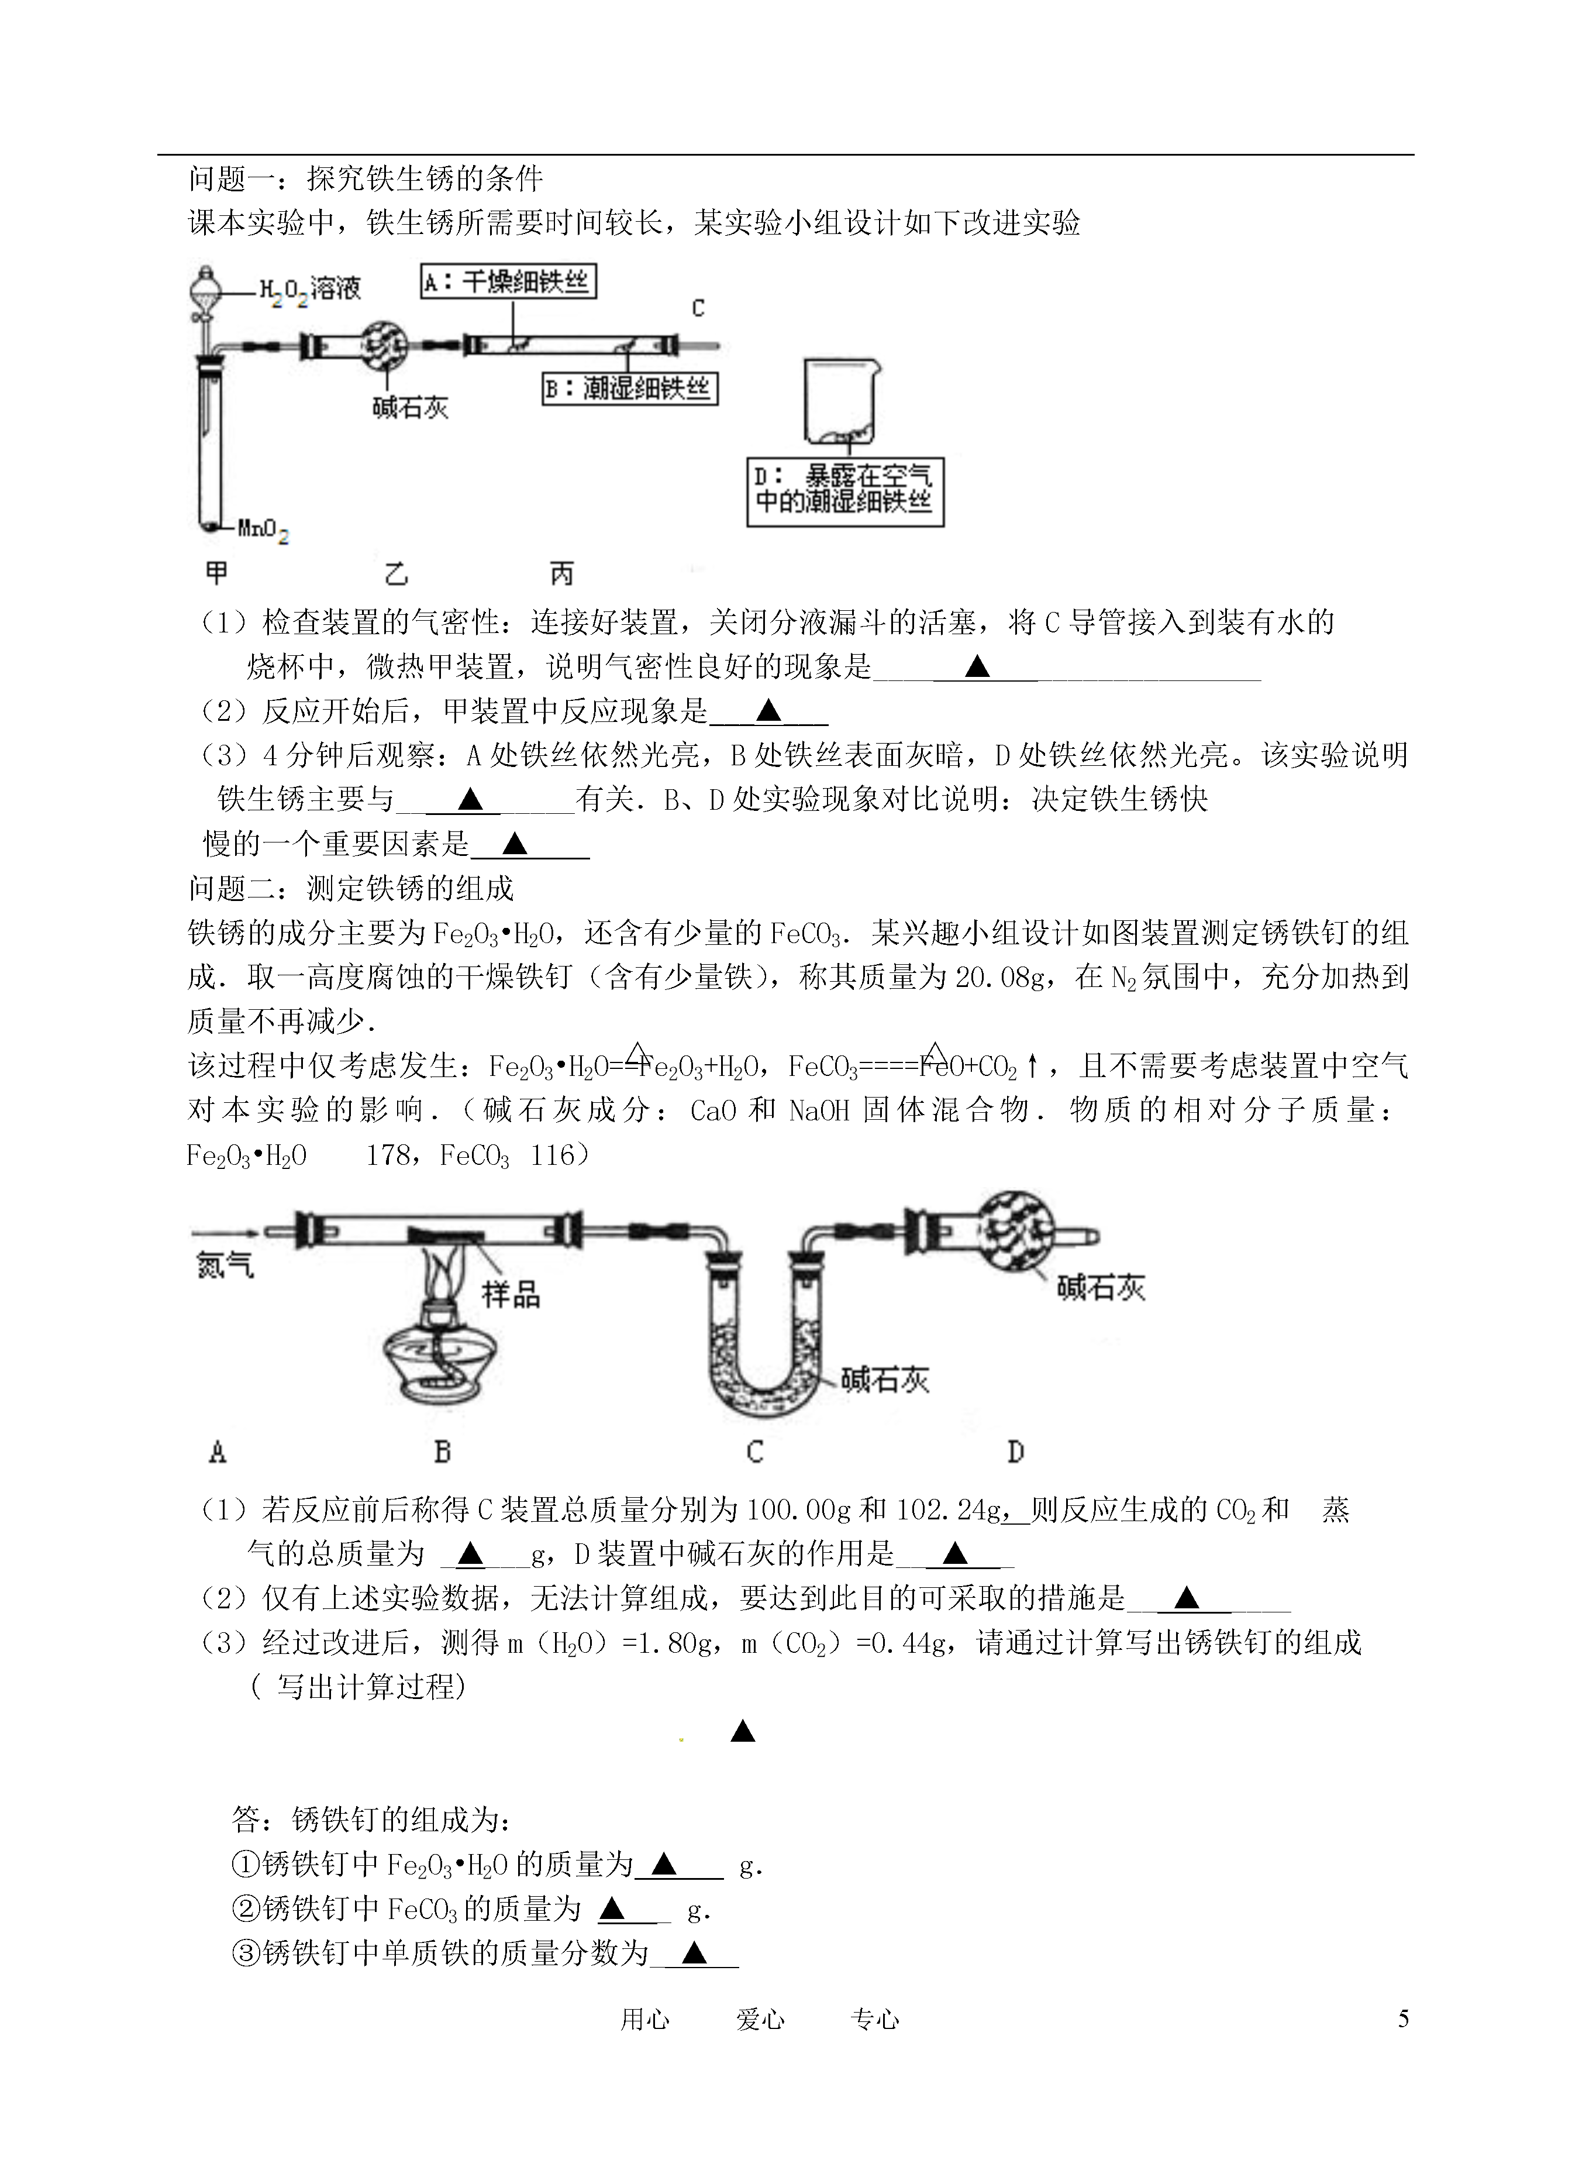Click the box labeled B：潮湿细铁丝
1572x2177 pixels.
[x=630, y=388]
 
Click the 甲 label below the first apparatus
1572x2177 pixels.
[x=217, y=573]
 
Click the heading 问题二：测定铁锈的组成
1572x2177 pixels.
[x=351, y=888]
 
